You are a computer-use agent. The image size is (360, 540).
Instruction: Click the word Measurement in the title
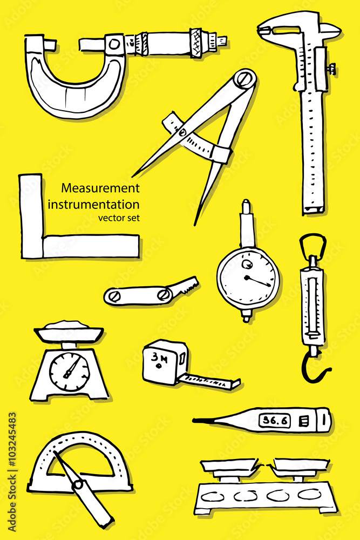click(100, 188)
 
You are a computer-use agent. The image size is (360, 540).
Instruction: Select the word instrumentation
click(93, 205)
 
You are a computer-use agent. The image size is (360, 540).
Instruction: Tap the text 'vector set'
click(118, 218)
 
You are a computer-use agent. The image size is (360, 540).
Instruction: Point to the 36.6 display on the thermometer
click(274, 420)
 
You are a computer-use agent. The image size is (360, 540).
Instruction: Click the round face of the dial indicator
click(248, 278)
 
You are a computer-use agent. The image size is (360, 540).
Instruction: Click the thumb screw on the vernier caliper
click(331, 69)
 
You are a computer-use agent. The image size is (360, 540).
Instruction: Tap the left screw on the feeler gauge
click(113, 295)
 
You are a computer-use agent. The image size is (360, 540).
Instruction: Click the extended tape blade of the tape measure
click(210, 381)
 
